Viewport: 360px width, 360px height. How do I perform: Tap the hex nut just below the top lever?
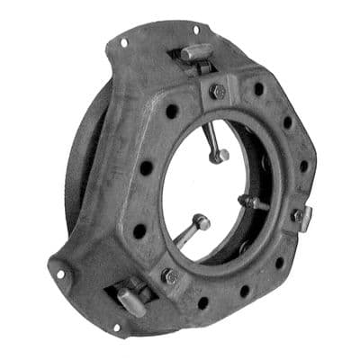point(216,90)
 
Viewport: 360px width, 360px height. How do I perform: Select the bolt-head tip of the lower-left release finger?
point(202,221)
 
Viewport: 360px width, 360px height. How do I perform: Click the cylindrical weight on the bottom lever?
point(130,301)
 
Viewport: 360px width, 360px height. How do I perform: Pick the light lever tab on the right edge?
point(303,217)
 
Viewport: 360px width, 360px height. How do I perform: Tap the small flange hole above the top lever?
point(195,30)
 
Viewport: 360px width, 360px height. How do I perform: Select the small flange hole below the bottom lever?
point(116,326)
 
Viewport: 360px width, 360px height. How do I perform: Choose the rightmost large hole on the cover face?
point(303,166)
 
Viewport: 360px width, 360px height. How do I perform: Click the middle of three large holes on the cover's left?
point(146,167)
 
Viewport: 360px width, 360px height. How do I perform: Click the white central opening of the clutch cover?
point(207,189)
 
